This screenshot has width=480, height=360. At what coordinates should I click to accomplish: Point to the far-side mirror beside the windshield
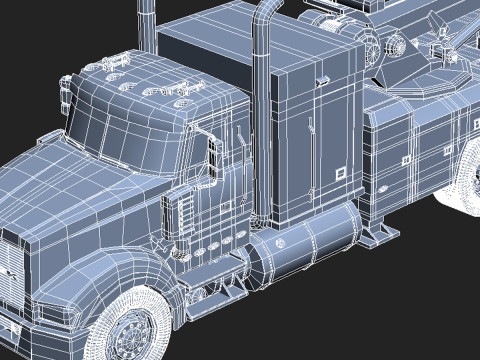(69, 95)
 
